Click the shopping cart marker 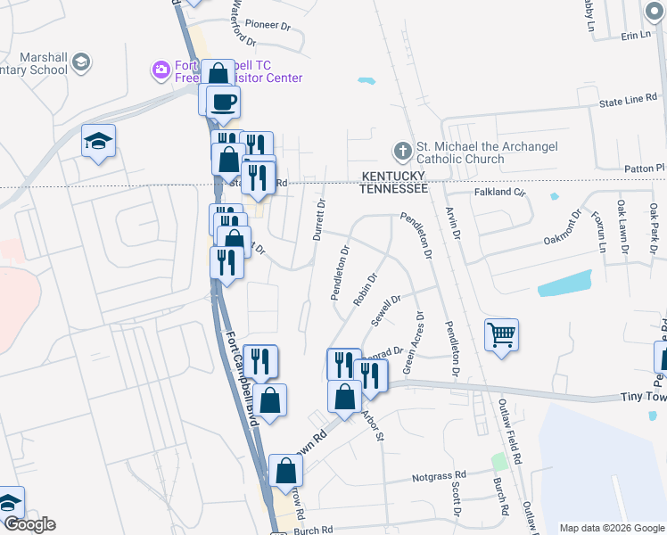501,335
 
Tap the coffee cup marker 223,101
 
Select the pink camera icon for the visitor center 161,70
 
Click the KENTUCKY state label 392,177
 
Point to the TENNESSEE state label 392,188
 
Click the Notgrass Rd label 440,477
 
